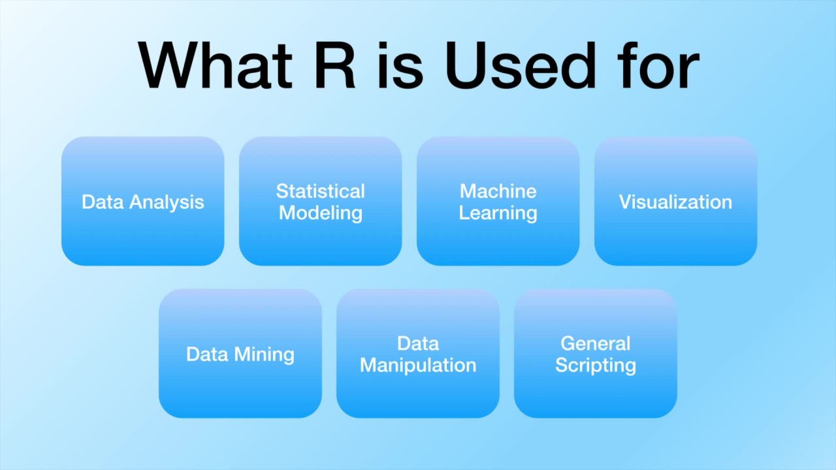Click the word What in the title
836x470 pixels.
click(216, 65)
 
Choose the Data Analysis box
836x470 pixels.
click(143, 201)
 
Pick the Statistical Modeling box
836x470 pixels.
click(320, 201)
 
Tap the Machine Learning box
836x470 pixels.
click(498, 201)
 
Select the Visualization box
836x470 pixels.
click(675, 201)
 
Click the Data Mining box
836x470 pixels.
click(240, 353)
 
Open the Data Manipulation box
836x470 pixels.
click(418, 353)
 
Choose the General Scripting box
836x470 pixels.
click(596, 353)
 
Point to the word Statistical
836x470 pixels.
click(320, 191)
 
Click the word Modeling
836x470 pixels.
click(320, 213)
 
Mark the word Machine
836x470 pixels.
click(498, 191)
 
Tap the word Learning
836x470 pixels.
click(498, 213)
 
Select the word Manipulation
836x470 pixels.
click(418, 365)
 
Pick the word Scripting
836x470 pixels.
click(596, 365)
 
